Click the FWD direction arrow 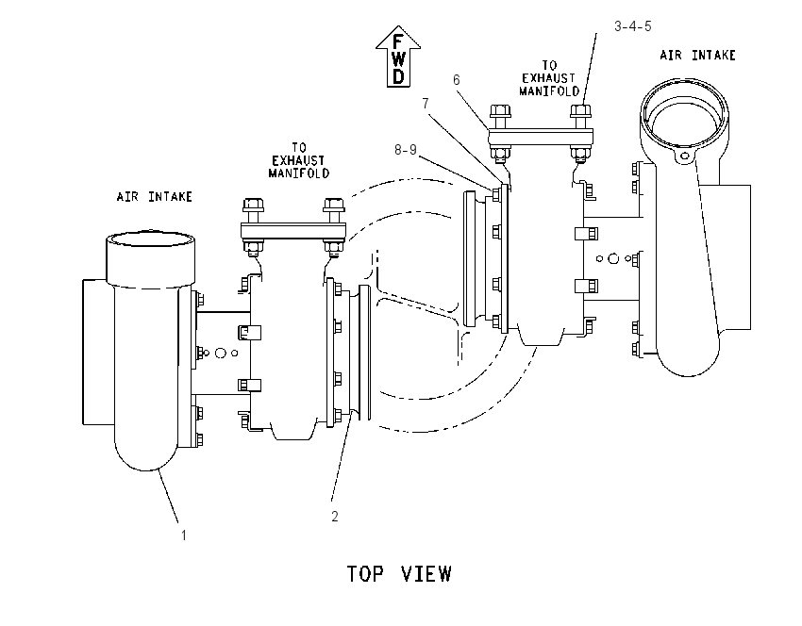coord(398,57)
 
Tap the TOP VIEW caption coord(399,574)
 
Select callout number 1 coord(184,535)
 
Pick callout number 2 coord(335,516)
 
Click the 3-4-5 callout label coord(633,26)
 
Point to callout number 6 coord(457,80)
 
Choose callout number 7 coord(426,103)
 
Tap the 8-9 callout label coord(406,150)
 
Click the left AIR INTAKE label coord(155,197)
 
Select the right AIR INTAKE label coord(697,56)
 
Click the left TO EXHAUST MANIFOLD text coord(299,160)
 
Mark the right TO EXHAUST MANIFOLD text coord(549,78)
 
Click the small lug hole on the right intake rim coord(684,156)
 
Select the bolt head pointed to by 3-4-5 coord(580,111)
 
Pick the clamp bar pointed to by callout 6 coord(540,137)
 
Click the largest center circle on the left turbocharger coord(221,353)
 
